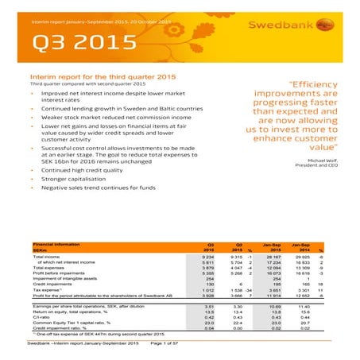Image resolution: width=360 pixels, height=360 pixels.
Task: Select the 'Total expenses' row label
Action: pyautogui.click(x=52, y=270)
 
